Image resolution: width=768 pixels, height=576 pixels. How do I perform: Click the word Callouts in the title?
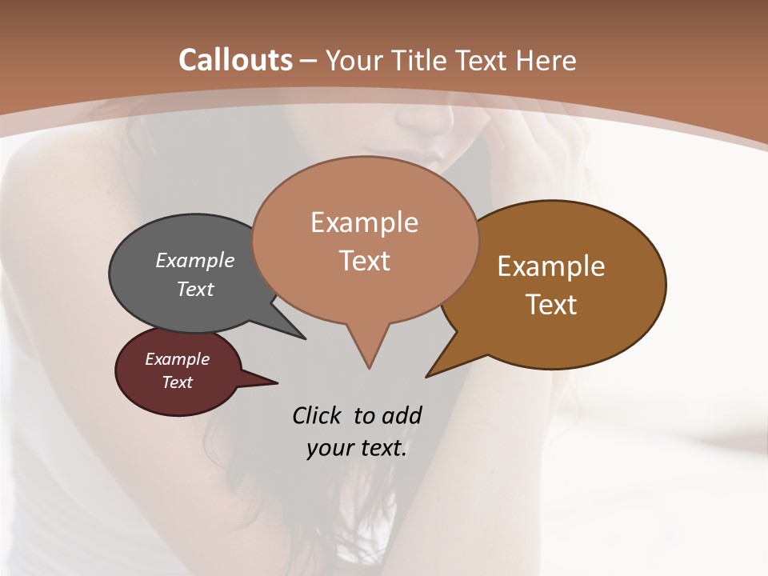pyautogui.click(x=235, y=60)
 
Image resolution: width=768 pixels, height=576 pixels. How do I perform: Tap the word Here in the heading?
pyautogui.click(x=546, y=60)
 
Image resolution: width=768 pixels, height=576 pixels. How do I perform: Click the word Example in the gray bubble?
pyautogui.click(x=194, y=261)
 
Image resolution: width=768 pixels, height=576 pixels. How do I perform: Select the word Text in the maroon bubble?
pyautogui.click(x=177, y=382)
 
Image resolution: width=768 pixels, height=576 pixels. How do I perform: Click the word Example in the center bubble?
pyautogui.click(x=364, y=222)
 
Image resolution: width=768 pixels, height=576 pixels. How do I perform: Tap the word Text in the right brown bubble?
pyautogui.click(x=551, y=305)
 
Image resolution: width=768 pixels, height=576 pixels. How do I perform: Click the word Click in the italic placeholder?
pyautogui.click(x=318, y=415)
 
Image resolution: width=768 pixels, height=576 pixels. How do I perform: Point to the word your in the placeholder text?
pyautogui.click(x=329, y=448)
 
